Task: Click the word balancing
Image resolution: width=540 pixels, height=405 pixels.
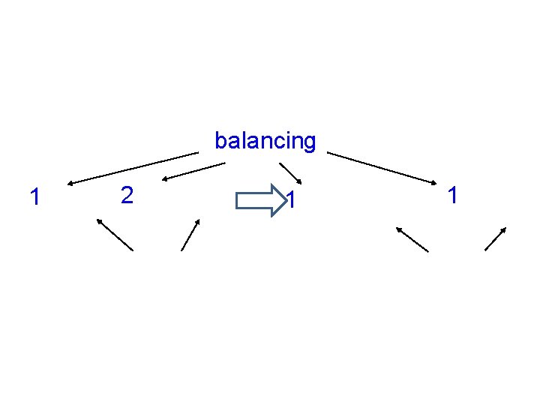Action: [x=265, y=140]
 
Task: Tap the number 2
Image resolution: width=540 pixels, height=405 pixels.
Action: [x=127, y=196]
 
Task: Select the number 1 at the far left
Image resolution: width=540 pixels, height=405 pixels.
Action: [x=33, y=197]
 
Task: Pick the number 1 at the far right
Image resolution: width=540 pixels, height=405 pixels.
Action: [x=451, y=196]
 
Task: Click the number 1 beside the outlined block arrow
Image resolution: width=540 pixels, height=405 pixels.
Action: [x=294, y=200]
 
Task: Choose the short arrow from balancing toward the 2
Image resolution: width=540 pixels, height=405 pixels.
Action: [x=194, y=172]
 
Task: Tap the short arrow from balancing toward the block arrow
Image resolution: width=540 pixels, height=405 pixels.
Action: [x=291, y=173]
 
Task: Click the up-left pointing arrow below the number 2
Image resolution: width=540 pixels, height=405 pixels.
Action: [x=114, y=234]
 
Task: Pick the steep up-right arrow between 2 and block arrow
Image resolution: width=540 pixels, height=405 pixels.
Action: [x=190, y=235]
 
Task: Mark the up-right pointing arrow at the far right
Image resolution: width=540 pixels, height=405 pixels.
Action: [x=496, y=238]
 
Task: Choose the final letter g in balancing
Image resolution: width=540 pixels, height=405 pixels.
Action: [x=310, y=142]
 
